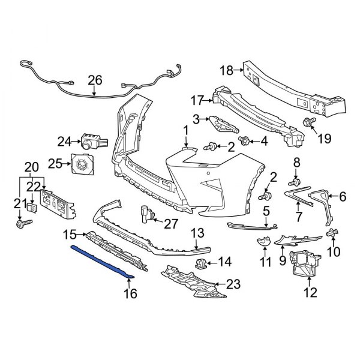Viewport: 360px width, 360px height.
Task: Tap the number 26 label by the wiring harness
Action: tap(95, 80)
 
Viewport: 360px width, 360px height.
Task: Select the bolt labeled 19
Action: tap(308, 124)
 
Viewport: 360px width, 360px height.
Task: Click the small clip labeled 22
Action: tap(32, 208)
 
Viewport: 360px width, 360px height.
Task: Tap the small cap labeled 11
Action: tap(261, 243)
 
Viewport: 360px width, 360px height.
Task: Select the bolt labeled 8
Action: tap(295, 181)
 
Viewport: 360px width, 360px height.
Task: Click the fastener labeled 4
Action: tap(245, 141)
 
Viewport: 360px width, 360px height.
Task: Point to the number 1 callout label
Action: tap(186, 130)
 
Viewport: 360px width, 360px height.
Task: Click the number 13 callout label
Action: tap(198, 233)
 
